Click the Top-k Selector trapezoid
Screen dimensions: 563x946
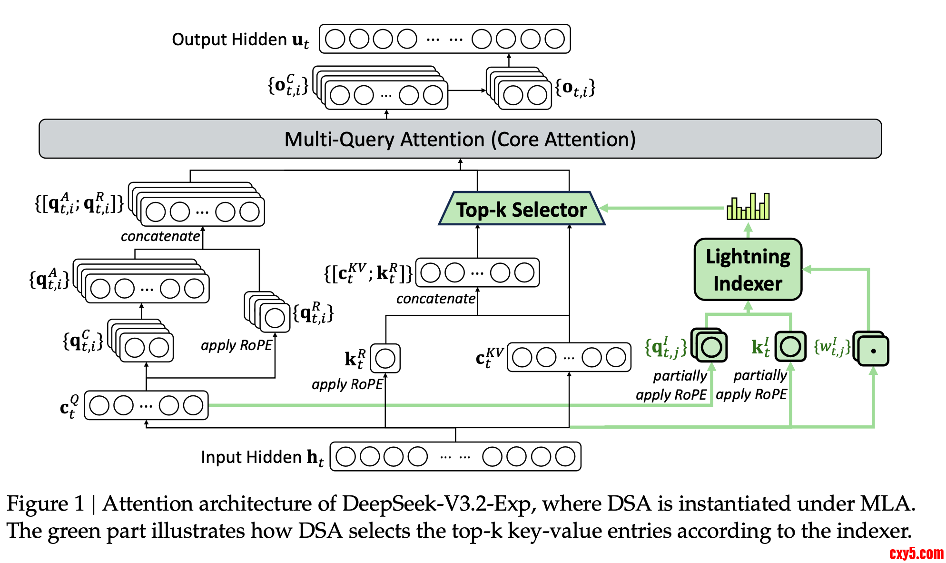pyautogui.click(x=522, y=209)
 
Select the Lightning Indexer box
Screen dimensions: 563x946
pyautogui.click(x=748, y=270)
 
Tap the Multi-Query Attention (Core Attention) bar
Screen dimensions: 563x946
pyautogui.click(x=460, y=139)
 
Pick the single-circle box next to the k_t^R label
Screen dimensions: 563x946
pyautogui.click(x=385, y=358)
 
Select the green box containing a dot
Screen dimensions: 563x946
pyautogui.click(x=873, y=351)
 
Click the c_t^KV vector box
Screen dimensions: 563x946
pyautogui.click(x=569, y=357)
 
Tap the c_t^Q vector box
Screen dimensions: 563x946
pyautogui.click(x=146, y=405)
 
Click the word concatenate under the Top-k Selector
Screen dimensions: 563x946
pyautogui.click(x=436, y=299)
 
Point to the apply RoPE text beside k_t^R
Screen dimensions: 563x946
pyautogui.click(x=347, y=384)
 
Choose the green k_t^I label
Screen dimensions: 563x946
pyautogui.click(x=760, y=347)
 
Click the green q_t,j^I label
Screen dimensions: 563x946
pyautogui.click(x=665, y=347)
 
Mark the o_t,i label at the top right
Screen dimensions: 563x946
pyautogui.click(x=575, y=88)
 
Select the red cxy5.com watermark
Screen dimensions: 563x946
pyautogui.click(x=916, y=553)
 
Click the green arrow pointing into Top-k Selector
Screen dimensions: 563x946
pyautogui.click(x=661, y=208)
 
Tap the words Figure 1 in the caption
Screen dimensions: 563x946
pyautogui.click(x=45, y=504)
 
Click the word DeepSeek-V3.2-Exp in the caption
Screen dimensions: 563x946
pyautogui.click(x=436, y=504)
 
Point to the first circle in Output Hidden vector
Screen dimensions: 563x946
pyautogui.click(x=335, y=39)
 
